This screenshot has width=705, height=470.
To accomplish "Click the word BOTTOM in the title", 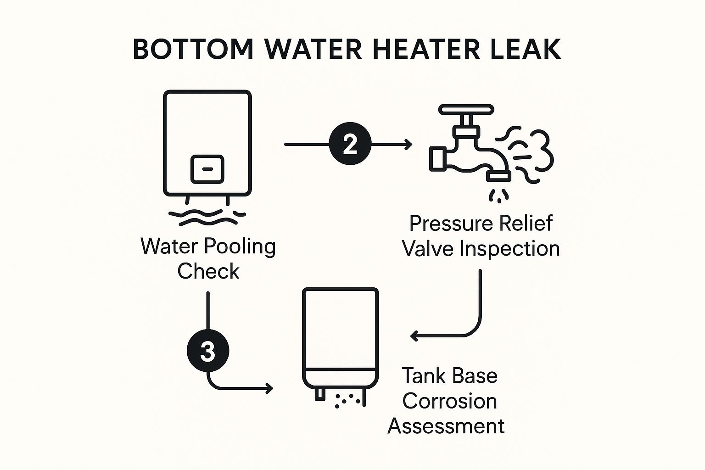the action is tap(193, 49).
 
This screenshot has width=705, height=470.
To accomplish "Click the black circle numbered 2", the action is tap(350, 144).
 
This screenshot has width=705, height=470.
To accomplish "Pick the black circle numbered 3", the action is tap(208, 350).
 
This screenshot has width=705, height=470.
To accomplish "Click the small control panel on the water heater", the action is tap(207, 169).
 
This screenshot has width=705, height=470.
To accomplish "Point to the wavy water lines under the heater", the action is tap(207, 217).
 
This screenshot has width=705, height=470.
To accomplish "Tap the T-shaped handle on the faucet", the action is tap(466, 109).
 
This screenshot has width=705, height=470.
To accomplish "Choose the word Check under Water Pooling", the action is tap(208, 271).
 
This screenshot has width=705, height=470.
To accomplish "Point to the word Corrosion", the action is tap(449, 401).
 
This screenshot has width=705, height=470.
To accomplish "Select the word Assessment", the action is tap(446, 426).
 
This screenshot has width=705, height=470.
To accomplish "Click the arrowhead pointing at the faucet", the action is tap(408, 144).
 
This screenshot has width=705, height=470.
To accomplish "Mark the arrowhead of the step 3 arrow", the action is tap(269, 388).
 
